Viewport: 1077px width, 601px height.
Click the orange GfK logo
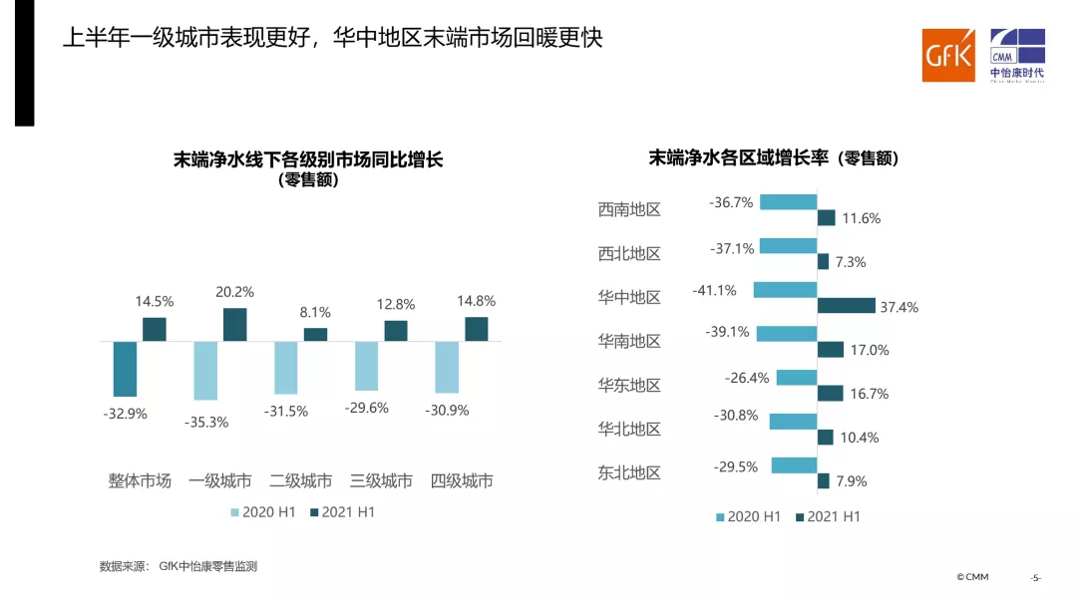coord(947,56)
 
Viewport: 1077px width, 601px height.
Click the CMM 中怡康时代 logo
coord(1016,56)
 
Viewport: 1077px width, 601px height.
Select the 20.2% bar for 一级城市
coord(234,325)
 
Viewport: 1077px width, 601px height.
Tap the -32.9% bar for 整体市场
coord(125,369)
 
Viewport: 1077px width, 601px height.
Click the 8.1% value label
coord(316,311)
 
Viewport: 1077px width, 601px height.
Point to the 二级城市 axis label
coord(300,481)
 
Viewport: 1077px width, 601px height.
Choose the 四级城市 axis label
coord(462,481)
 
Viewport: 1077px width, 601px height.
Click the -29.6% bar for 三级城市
coord(366,366)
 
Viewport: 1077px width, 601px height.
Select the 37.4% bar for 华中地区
coord(846,306)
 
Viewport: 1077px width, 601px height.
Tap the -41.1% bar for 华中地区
coord(785,290)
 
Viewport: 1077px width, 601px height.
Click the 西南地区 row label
coord(629,210)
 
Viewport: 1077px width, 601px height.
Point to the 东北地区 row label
coord(629,473)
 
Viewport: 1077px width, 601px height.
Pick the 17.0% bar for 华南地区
coord(830,350)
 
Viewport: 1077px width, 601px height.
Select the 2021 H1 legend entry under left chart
coord(341,512)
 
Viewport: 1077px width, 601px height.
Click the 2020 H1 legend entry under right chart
coord(748,516)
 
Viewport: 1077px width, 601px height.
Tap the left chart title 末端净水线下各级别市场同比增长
coord(307,159)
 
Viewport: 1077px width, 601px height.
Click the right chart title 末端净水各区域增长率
coord(774,158)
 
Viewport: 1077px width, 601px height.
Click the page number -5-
coord(1035,578)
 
